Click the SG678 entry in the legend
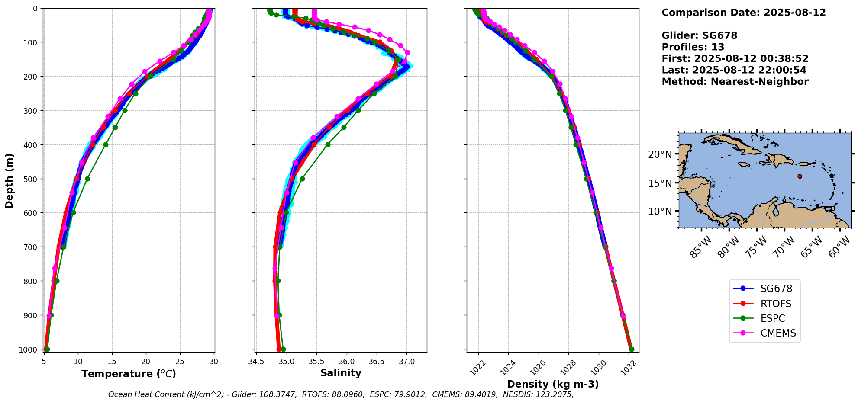(x=764, y=289)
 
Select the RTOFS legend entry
(x=764, y=304)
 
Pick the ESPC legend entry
(x=764, y=318)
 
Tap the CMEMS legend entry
(x=764, y=333)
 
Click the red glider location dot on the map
(x=800, y=176)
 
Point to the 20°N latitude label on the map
(x=660, y=155)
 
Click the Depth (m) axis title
(x=10, y=180)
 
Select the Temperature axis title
(x=129, y=374)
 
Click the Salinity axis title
(x=341, y=373)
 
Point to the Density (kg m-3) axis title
(x=553, y=384)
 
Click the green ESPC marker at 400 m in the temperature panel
(x=106, y=144)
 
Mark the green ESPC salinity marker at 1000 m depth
(x=283, y=349)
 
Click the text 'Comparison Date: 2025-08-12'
(x=744, y=13)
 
